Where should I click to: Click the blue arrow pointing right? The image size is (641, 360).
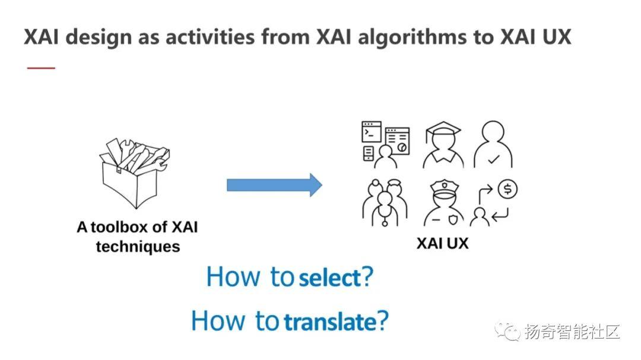274,185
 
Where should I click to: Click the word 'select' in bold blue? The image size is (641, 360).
330,278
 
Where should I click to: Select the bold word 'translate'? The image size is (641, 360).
330,322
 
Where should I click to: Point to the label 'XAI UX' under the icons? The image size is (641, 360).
442,243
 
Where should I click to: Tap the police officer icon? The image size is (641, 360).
443,204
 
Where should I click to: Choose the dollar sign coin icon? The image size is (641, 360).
507,190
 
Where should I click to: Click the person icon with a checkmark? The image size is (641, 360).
493,145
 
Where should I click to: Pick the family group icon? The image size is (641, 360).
385,203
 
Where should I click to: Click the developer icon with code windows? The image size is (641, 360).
386,144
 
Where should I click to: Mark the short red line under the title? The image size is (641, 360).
41,68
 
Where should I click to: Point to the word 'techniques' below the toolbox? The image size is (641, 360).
138,246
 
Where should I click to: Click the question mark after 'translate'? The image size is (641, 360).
383,322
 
